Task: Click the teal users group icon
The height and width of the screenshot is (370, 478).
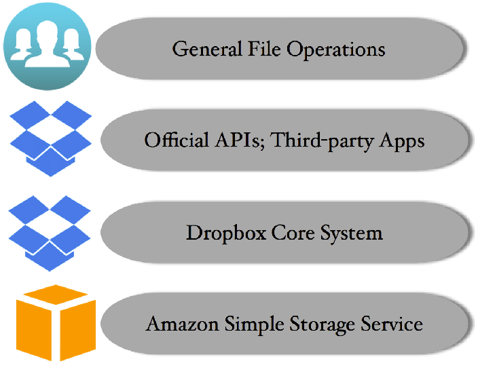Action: point(46,45)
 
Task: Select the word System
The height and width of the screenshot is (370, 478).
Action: point(352,234)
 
